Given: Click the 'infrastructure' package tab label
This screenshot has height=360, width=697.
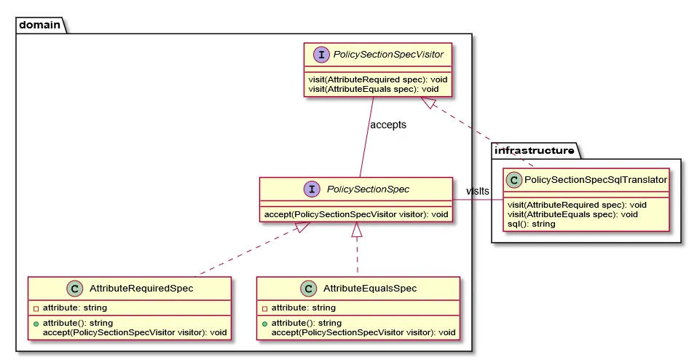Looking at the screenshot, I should click(x=535, y=151).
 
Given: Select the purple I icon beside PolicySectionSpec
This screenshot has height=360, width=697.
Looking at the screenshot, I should click(x=312, y=189).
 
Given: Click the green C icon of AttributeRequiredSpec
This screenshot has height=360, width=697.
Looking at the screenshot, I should click(x=71, y=288).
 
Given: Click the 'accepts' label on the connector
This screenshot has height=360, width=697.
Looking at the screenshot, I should click(x=387, y=125).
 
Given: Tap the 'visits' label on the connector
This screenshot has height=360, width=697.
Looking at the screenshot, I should click(x=478, y=191).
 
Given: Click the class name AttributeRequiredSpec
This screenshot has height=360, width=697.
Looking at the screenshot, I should click(x=141, y=289).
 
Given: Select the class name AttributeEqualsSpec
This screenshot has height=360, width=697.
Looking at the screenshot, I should click(x=369, y=289).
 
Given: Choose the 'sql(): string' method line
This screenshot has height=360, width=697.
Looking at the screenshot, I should click(x=531, y=224).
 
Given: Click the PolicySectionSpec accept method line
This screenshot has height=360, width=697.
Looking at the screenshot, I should click(x=355, y=214).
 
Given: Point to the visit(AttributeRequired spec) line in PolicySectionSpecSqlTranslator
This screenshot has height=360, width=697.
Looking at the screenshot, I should click(x=577, y=205).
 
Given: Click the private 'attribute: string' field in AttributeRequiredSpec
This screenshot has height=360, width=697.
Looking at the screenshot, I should click(x=74, y=308).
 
